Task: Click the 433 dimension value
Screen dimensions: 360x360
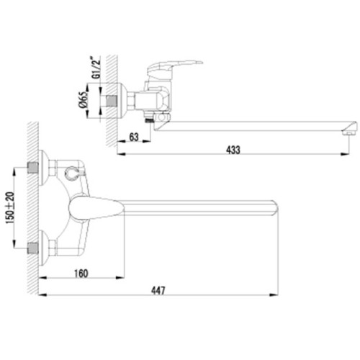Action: coord(233,150)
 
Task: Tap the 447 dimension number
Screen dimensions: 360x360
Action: coord(158,291)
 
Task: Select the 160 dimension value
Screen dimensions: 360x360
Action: coord(81,274)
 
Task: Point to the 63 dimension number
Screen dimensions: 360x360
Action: coord(134,138)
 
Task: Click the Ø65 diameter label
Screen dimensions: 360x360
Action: coord(83,100)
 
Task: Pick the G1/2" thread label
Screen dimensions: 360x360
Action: coord(96,68)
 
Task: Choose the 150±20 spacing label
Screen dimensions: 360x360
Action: coord(10,208)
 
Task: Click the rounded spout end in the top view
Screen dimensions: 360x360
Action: coord(276,207)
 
